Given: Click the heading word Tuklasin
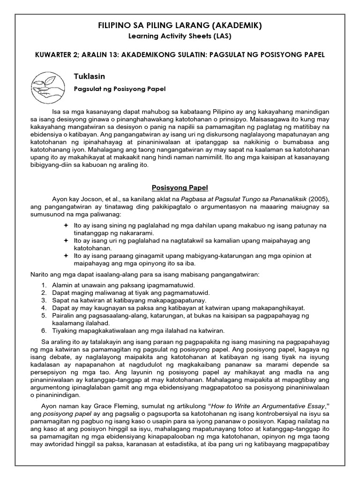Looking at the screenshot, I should point(89,75).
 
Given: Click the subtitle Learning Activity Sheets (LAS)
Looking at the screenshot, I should point(180,36).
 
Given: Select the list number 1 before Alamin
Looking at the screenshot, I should point(44,285).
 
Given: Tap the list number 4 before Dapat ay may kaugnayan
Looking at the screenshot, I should point(44,308).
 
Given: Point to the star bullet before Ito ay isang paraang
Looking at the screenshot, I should point(66,256).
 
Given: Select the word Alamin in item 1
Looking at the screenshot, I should point(61,285).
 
